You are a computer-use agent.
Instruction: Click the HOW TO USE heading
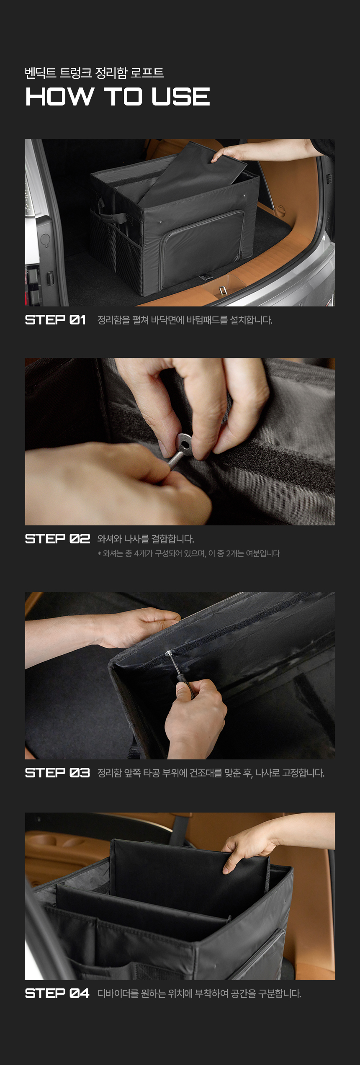(118, 96)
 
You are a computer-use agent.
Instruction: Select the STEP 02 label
(57, 538)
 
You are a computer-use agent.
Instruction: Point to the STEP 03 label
(57, 772)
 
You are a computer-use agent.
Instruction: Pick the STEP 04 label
(57, 993)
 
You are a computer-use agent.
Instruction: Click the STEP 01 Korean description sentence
(185, 320)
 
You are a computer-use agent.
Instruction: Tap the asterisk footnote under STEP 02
(188, 553)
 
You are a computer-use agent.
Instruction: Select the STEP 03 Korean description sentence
(211, 773)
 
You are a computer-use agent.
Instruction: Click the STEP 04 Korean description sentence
(199, 993)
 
